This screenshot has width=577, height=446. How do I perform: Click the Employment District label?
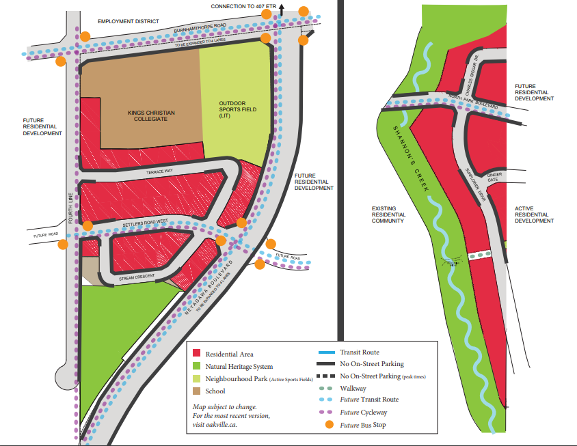click(128, 22)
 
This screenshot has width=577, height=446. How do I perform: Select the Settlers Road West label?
click(145, 223)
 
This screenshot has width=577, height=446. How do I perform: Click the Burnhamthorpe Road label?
click(200, 29)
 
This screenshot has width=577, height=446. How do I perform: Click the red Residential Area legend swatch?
click(197, 353)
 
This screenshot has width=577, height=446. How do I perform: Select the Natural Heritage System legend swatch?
click(197, 366)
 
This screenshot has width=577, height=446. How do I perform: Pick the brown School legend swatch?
click(197, 391)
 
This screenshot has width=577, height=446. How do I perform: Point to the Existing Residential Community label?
click(389, 214)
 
